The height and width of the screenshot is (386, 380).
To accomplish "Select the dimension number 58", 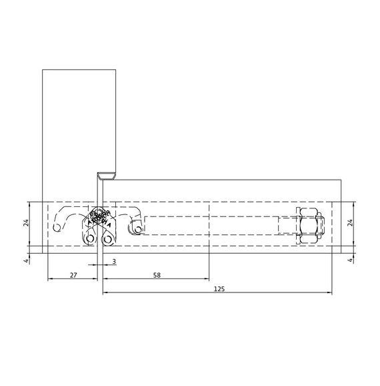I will pos(156,274).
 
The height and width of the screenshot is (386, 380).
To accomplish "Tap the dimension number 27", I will pos(73,274).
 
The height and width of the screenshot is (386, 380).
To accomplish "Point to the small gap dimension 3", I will pos(114,261).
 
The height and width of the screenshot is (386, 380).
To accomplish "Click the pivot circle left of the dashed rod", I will pos(137,229).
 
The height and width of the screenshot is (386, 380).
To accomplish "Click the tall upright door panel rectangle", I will pos(70,134).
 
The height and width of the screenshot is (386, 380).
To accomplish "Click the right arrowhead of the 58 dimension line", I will pos(207,279).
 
